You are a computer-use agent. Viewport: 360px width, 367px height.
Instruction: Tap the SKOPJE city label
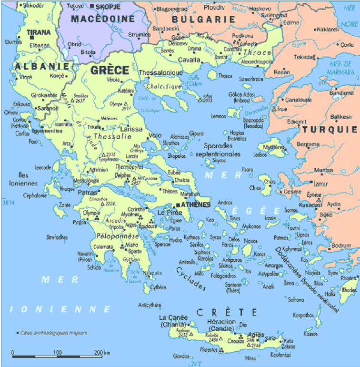click(x=109, y=7)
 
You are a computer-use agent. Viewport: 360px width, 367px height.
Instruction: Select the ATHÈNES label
click(x=195, y=204)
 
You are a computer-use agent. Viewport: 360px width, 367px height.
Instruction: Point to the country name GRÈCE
click(x=110, y=70)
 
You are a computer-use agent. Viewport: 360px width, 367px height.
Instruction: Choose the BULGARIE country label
click(x=203, y=20)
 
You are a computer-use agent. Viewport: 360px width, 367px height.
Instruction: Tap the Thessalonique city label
click(x=160, y=72)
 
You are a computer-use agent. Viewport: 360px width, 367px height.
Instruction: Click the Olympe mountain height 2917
click(x=126, y=109)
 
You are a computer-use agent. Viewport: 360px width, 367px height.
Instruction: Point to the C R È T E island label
click(x=227, y=312)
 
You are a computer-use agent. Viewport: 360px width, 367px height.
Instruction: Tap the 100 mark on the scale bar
click(x=58, y=352)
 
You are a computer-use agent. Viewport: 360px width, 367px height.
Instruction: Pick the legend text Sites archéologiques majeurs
click(x=49, y=333)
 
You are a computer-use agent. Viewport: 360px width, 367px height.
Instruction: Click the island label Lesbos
click(x=260, y=154)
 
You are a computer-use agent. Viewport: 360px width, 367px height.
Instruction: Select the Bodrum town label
click(x=341, y=245)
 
